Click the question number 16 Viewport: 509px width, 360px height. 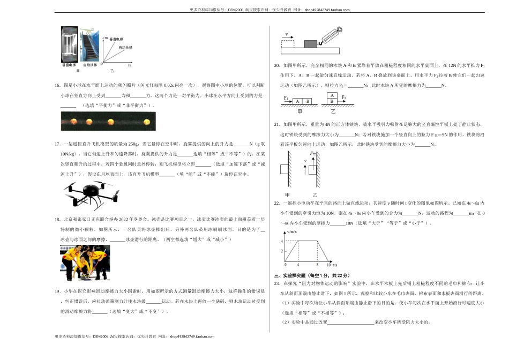coord(57,85)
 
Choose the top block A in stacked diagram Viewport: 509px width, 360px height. coord(333,95)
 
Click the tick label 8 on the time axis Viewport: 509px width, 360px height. coord(317,265)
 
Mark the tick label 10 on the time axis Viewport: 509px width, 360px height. coord(328,265)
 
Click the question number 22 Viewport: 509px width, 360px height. coord(276,204)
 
